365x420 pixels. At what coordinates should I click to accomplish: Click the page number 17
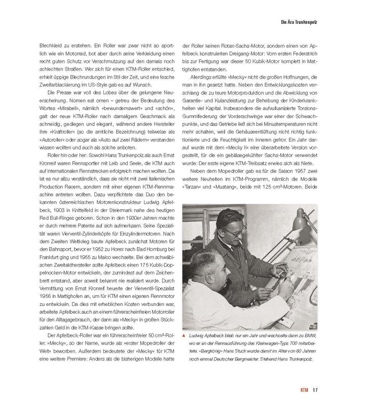pos(315,390)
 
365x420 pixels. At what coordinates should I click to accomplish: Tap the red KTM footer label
pos(303,390)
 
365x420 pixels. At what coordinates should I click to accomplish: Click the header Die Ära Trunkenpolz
pos(300,24)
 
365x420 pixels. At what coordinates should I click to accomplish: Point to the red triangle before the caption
pos(184,334)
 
